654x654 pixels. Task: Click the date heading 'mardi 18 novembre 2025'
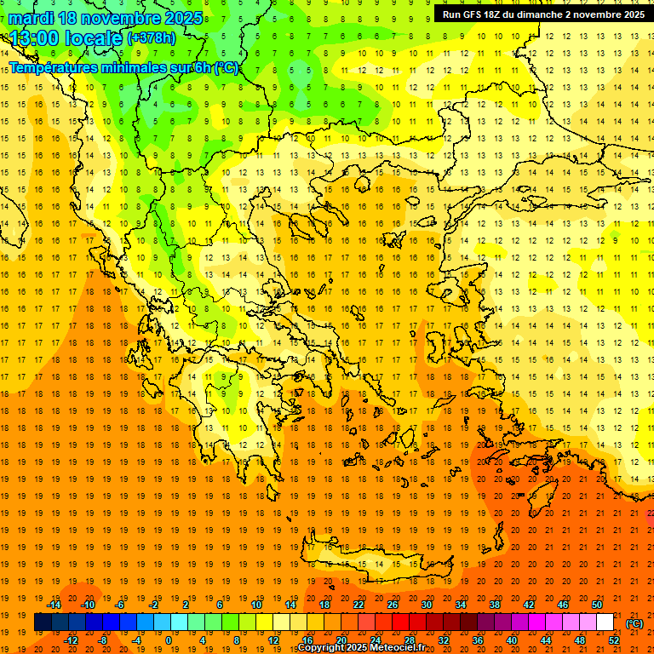(x=106, y=18)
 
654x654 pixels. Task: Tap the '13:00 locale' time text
(x=66, y=38)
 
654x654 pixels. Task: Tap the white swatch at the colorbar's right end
(x=605, y=622)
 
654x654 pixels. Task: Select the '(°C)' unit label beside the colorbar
(x=634, y=623)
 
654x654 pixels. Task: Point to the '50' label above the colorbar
(x=596, y=605)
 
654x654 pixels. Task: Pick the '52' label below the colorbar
(x=614, y=640)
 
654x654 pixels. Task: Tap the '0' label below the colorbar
(x=169, y=640)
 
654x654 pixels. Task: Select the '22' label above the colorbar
(x=359, y=605)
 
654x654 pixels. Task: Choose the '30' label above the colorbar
(x=427, y=605)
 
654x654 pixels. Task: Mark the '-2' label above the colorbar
(x=153, y=605)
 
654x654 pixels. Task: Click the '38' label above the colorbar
(x=495, y=605)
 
